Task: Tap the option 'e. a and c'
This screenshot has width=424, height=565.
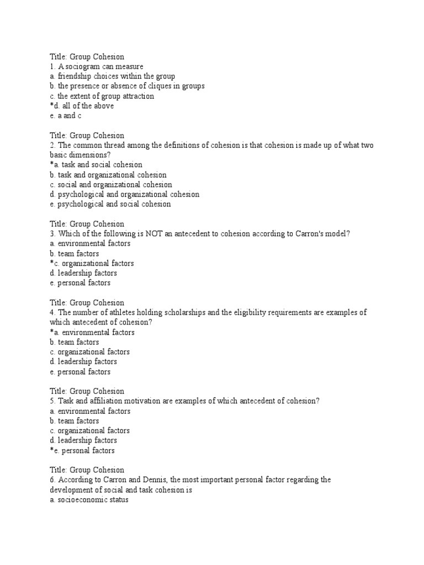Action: (x=66, y=116)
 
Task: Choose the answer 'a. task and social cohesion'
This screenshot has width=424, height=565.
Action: (x=96, y=165)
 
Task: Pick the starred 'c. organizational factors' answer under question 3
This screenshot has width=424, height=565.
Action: (x=91, y=264)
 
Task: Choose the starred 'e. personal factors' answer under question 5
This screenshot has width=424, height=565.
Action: (x=82, y=451)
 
